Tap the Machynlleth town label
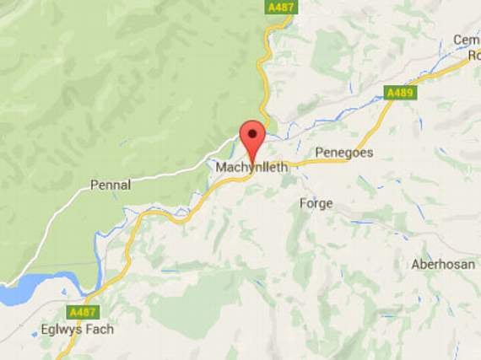252,167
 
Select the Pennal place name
111,185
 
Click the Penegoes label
343,153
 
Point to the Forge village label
316,203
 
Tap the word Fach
100,329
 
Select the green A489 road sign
399,93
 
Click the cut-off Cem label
466,40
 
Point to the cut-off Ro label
474,55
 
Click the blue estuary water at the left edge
21,291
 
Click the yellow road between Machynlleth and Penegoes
300,161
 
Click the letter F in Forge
303,203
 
